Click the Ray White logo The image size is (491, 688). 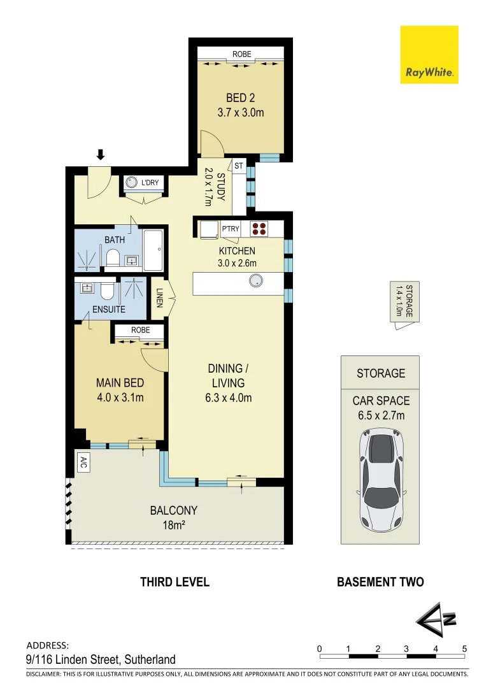coord(429,54)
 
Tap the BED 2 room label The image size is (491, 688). coord(241,98)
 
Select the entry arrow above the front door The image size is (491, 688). coord(100,154)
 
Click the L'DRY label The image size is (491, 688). coord(150,183)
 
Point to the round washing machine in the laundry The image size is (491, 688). coord(132,183)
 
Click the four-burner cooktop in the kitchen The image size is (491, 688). coord(260,228)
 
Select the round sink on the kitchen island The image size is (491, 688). coord(256,280)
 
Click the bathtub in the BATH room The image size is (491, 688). coord(153,250)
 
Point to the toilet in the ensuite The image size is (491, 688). coord(107,291)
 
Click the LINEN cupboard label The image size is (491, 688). coord(159,299)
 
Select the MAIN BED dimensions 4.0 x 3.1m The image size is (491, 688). coord(120,398)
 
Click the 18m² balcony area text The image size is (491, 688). coord(173,525)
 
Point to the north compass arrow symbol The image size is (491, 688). coord(434,619)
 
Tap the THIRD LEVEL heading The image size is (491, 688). coord(174,582)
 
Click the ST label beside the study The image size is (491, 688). coord(239,166)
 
